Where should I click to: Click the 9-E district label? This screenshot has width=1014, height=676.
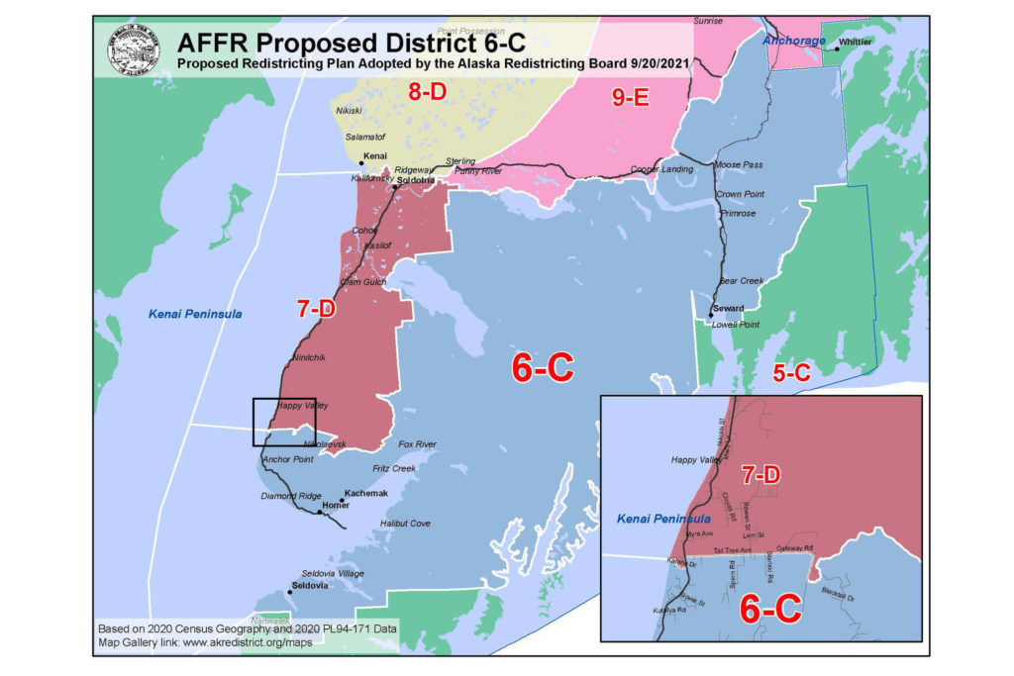tap(630, 96)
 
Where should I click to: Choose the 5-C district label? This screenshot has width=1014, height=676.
tap(790, 372)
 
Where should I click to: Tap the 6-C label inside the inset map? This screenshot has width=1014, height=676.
tap(770, 610)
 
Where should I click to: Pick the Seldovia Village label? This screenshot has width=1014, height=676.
tap(332, 573)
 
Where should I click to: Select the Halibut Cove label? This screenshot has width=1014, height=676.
tap(405, 523)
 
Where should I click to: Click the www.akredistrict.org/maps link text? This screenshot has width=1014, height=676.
tap(244, 642)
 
